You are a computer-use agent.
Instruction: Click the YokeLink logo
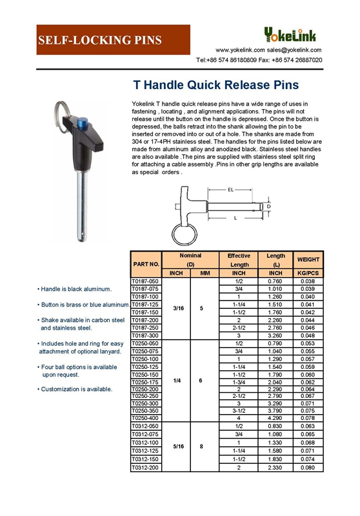coord(294,34)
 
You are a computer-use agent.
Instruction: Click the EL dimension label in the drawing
coord(230,190)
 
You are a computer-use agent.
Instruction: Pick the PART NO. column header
coord(145,264)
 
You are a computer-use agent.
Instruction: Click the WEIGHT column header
coord(308,259)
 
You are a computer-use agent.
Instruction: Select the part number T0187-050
coord(145,282)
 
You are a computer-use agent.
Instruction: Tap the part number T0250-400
coord(145,418)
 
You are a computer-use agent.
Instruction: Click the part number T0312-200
coord(145,466)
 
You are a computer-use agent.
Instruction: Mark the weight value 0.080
coord(308,466)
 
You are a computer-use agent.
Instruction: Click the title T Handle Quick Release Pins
coord(215,84)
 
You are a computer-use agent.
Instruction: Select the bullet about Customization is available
coord(76,389)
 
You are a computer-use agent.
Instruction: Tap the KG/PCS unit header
coord(308,273)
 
